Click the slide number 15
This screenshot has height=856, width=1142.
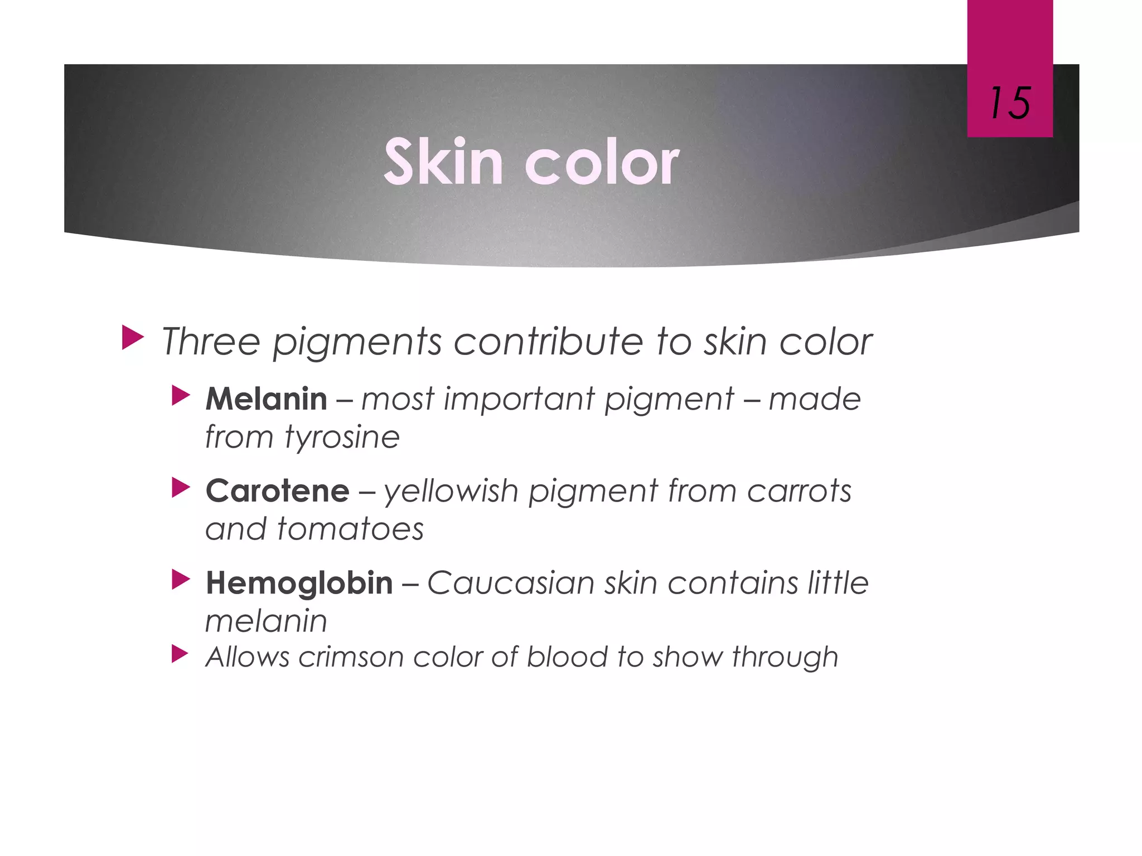click(1010, 104)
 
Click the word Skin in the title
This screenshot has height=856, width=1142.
click(443, 162)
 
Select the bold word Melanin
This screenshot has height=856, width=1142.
click(266, 399)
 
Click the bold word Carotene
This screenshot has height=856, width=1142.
click(277, 491)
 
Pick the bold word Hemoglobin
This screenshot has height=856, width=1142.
click(299, 583)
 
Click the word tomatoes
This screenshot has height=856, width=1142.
click(350, 528)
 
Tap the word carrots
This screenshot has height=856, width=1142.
click(799, 491)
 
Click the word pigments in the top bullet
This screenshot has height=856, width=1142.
click(357, 342)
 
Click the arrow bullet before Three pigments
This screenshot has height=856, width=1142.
click(132, 338)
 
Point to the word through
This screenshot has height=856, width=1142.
click(785, 657)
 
